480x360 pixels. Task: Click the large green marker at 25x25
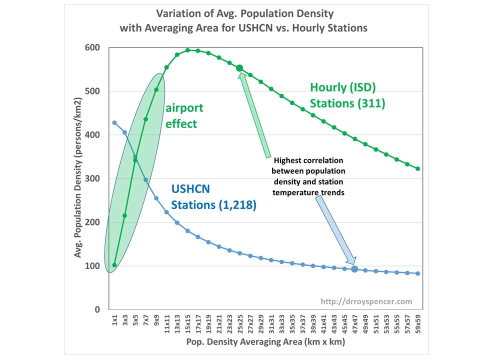tap(239, 68)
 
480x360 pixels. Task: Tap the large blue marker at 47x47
tap(354, 269)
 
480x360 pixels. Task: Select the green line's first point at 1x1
tap(114, 265)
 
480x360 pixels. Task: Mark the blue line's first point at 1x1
tap(114, 122)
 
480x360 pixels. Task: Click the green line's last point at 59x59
tap(418, 168)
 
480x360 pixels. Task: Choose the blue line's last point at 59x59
tap(418, 273)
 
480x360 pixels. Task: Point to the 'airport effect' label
tap(184, 115)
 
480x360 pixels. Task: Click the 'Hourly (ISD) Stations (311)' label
tap(346, 95)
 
